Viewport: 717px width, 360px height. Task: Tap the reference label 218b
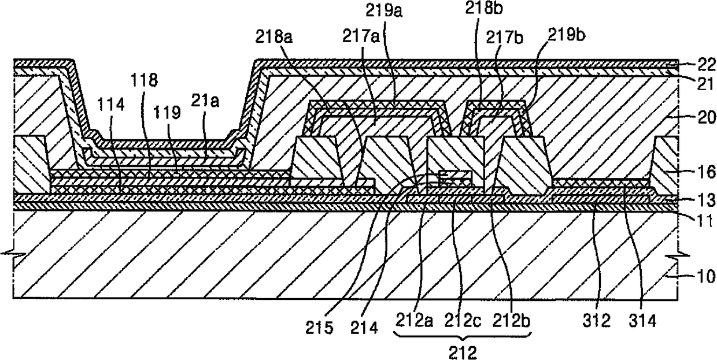click(484, 8)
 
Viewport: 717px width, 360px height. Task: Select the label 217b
click(504, 38)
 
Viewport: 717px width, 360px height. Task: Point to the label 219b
click(567, 35)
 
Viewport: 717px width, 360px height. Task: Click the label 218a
click(274, 38)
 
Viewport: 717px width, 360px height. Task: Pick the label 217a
click(361, 36)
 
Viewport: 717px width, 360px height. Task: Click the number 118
click(144, 80)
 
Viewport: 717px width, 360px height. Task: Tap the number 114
click(111, 105)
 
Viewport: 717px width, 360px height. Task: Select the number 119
click(167, 112)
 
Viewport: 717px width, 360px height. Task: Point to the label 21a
click(205, 102)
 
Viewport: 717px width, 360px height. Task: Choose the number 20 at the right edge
click(706, 117)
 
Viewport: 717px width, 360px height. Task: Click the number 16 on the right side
click(706, 172)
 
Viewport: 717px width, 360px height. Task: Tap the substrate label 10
click(706, 276)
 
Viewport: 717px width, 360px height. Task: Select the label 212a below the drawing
click(415, 320)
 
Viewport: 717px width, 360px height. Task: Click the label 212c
click(463, 320)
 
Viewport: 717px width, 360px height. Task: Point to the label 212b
click(511, 320)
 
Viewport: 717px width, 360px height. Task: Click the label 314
click(643, 321)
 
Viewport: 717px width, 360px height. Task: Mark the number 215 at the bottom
click(319, 328)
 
